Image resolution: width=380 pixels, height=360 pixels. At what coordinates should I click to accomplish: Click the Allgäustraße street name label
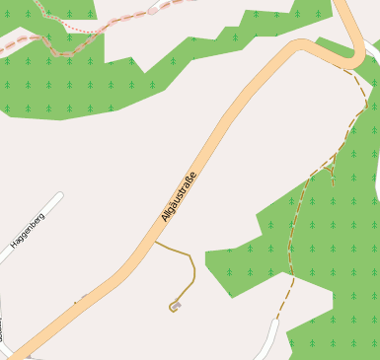(179, 196)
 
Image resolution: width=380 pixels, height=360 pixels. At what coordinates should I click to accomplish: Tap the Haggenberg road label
(27, 229)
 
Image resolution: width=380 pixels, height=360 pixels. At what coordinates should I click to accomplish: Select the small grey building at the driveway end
(175, 307)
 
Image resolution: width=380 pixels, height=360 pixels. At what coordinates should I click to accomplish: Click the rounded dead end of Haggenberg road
(59, 196)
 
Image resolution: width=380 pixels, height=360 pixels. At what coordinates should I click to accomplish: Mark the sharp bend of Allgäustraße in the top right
(351, 59)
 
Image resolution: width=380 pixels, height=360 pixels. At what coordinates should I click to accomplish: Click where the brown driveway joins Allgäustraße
(155, 241)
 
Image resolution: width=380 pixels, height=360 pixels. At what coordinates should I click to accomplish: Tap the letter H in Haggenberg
(15, 244)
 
